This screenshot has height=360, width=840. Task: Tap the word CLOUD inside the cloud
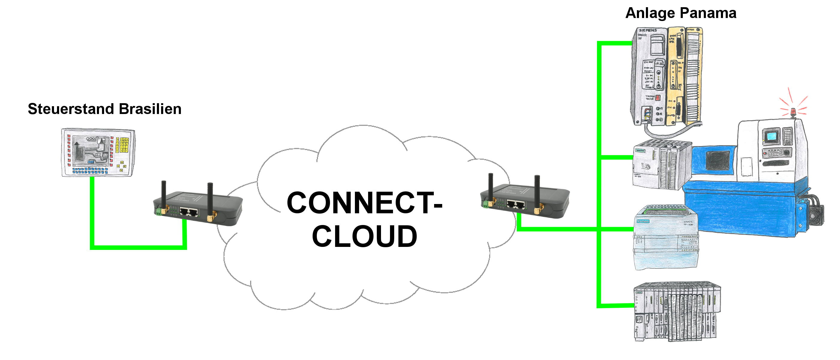tap(364, 236)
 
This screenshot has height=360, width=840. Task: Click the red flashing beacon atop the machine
tap(793, 112)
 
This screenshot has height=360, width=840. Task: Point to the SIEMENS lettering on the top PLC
tap(648, 30)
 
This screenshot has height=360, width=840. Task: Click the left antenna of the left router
tap(164, 194)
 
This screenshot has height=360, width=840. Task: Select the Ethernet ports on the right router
tap(516, 205)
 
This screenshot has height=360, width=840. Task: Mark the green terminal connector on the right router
tap(486, 205)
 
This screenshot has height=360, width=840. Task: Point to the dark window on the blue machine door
tap(717, 160)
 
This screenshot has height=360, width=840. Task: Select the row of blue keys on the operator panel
tap(90, 170)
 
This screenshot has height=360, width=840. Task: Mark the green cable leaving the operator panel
tap(92, 212)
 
